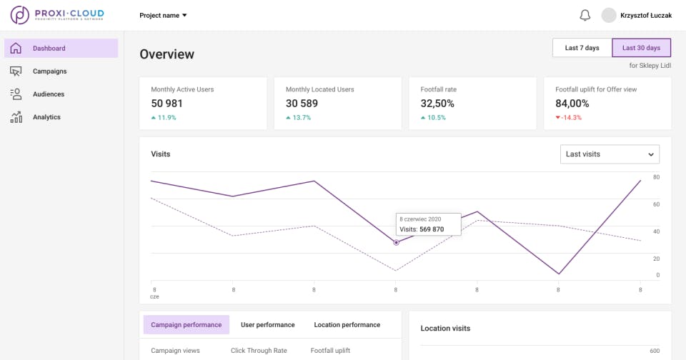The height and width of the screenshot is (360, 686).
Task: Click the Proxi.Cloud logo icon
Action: click(x=20, y=15)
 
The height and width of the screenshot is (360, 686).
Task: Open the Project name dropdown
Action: click(x=163, y=15)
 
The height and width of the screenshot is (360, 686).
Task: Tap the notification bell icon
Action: click(x=585, y=15)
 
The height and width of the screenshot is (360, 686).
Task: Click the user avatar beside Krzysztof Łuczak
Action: click(x=609, y=15)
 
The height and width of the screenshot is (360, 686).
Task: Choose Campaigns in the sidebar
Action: click(x=49, y=71)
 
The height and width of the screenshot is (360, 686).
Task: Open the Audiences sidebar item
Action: click(x=48, y=94)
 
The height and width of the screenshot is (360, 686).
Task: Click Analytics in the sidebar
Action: click(x=46, y=117)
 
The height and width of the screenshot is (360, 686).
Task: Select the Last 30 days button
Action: click(x=641, y=48)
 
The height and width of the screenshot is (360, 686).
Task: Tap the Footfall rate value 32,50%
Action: click(x=437, y=104)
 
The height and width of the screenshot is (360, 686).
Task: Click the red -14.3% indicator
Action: click(x=570, y=118)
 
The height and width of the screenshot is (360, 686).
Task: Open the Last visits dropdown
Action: click(x=610, y=154)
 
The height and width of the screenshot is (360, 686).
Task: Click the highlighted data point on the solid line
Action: click(x=396, y=243)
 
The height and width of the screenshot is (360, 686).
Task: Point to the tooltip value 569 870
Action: click(x=431, y=229)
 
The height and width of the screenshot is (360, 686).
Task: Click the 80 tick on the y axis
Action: click(x=656, y=177)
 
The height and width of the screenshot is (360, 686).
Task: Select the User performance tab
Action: click(x=267, y=325)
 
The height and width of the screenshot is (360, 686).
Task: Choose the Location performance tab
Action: click(x=347, y=325)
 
